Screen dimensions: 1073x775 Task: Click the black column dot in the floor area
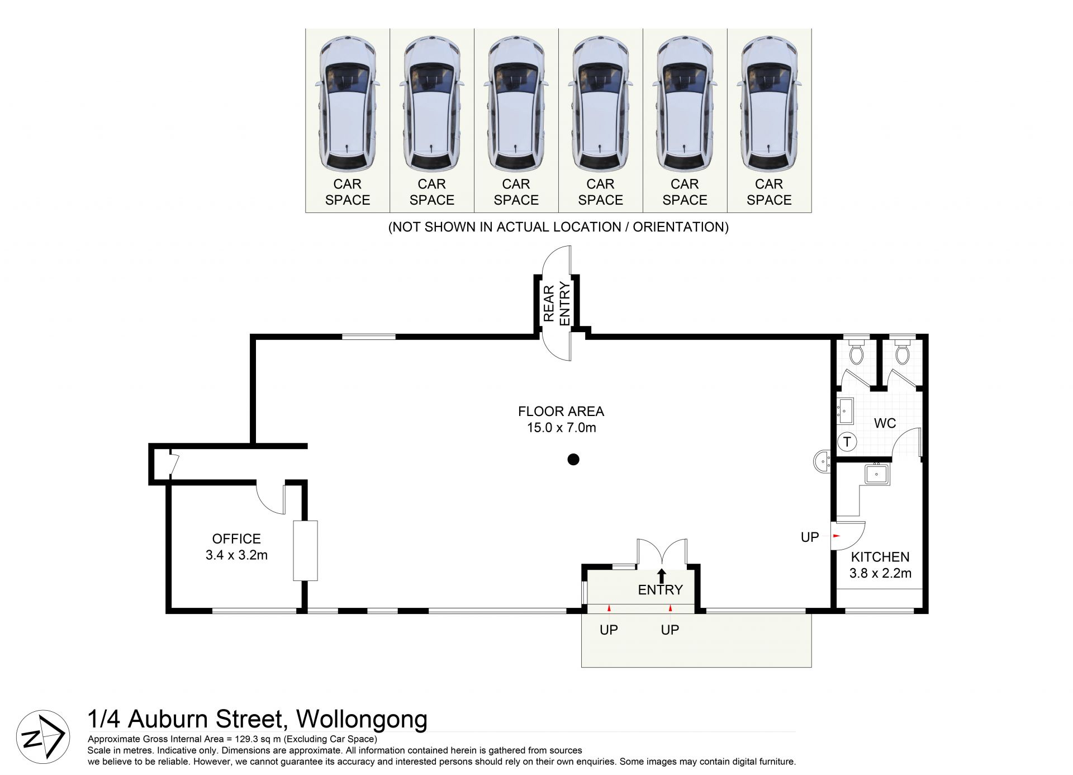(x=573, y=460)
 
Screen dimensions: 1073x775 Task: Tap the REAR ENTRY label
(x=557, y=304)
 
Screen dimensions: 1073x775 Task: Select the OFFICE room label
(x=236, y=538)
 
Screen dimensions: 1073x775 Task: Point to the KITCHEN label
(x=880, y=556)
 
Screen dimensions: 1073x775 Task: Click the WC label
(x=885, y=423)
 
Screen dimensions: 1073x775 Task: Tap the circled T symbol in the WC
(x=847, y=442)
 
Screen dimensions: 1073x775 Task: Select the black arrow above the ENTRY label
(x=662, y=575)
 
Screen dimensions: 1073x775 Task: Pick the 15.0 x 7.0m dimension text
(x=561, y=428)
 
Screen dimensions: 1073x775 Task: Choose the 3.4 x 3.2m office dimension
(x=236, y=555)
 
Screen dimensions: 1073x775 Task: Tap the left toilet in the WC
(x=855, y=351)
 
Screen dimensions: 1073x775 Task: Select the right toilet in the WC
(x=901, y=351)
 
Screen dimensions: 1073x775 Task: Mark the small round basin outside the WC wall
(x=822, y=462)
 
